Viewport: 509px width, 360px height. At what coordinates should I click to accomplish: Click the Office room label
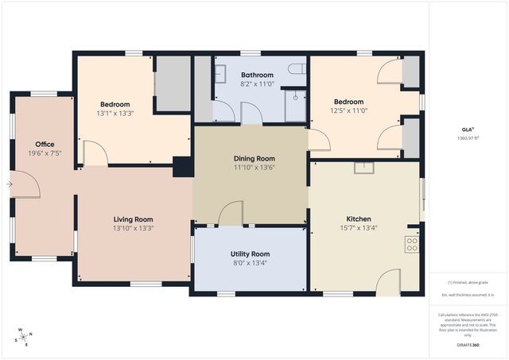[x=22, y=144]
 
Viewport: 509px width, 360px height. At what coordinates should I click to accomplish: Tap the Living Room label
[x=133, y=219]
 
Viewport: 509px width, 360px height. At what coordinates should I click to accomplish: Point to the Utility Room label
[x=250, y=254]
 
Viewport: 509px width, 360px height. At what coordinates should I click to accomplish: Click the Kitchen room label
[x=358, y=219]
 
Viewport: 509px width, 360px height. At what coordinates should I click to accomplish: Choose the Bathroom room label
[x=257, y=75]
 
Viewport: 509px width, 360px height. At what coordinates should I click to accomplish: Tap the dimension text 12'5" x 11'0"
[x=348, y=110]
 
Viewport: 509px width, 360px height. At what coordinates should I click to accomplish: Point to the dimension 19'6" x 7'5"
[x=22, y=153]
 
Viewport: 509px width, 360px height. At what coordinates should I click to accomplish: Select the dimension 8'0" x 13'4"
[x=250, y=262]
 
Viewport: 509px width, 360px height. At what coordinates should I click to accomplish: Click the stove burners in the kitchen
[x=412, y=244]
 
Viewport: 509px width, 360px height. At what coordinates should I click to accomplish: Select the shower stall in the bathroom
[x=295, y=105]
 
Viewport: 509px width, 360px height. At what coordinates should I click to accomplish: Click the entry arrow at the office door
[x=9, y=184]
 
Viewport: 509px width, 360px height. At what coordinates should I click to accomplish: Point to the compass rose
[x=24, y=338]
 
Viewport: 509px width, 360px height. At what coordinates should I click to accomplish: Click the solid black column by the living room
[x=183, y=167]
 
